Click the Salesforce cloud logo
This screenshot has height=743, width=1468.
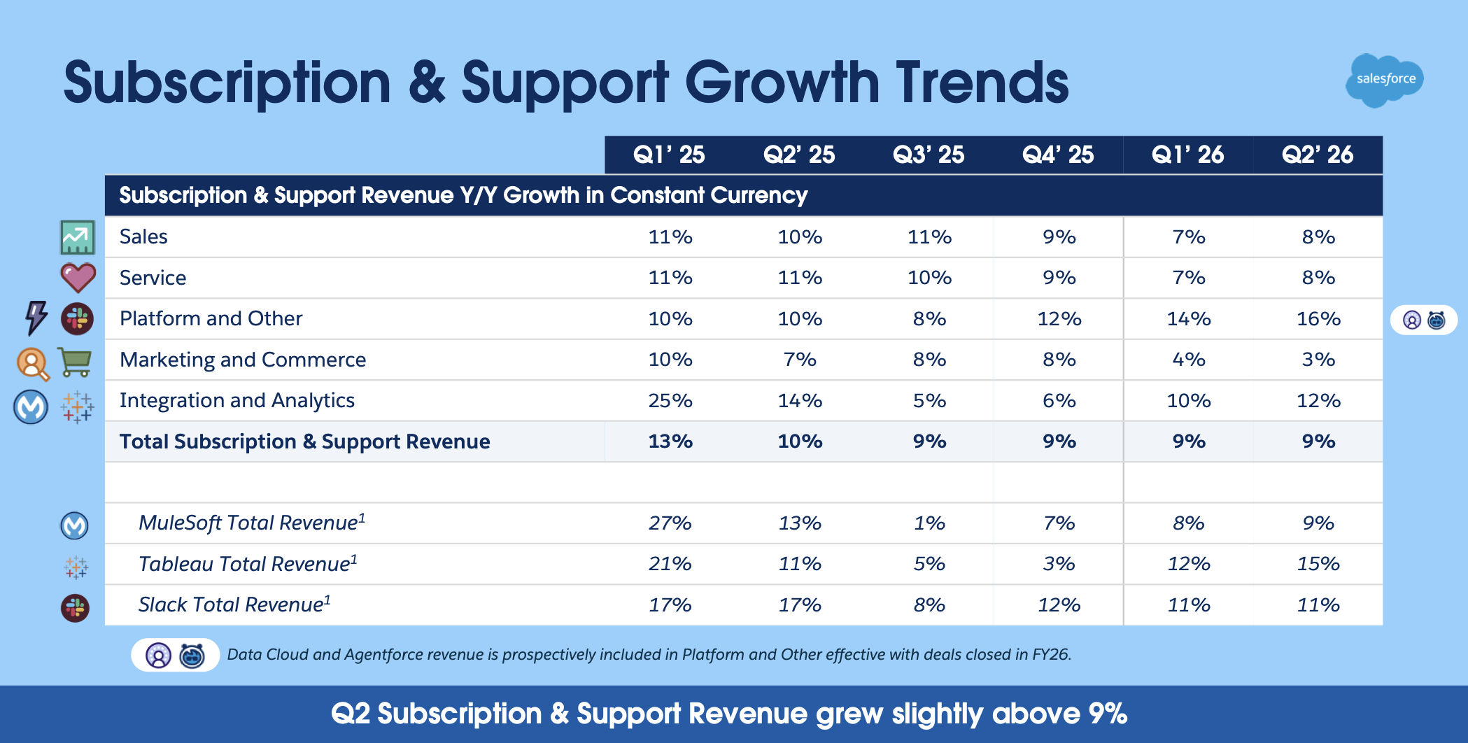(1385, 80)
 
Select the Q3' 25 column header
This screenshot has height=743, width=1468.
(929, 155)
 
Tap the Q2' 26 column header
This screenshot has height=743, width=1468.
(1318, 155)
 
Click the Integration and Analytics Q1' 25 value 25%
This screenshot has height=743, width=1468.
(670, 401)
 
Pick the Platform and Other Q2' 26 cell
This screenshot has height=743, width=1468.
(1318, 319)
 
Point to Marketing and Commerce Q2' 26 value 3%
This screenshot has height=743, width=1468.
(1318, 360)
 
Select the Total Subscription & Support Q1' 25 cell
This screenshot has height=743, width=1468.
(670, 441)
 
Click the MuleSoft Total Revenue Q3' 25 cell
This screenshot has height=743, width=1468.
(929, 523)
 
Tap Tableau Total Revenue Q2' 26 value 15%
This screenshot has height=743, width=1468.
(1318, 564)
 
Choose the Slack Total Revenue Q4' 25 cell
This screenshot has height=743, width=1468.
(1059, 605)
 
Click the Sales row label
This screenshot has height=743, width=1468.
(143, 236)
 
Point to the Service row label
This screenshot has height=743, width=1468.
(153, 278)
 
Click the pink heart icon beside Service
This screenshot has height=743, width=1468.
(78, 278)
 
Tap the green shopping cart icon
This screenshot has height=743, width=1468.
(75, 362)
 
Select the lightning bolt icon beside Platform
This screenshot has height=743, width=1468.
(36, 318)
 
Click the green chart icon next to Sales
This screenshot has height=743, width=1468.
(77, 237)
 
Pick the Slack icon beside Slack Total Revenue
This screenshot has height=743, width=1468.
(75, 608)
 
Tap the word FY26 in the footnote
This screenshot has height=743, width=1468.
(1051, 655)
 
